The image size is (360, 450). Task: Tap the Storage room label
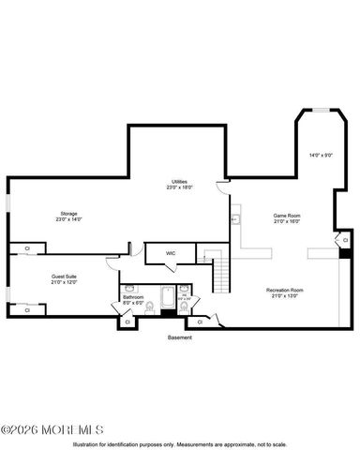(x=70, y=213)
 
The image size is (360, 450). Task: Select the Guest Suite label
(x=63, y=277)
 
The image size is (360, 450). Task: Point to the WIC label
(x=171, y=253)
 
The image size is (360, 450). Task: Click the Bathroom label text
(x=133, y=297)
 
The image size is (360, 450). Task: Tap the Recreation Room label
(x=285, y=291)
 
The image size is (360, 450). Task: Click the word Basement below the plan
(x=179, y=337)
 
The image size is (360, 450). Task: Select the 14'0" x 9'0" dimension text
(x=322, y=155)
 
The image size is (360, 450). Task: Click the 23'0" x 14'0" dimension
(x=70, y=218)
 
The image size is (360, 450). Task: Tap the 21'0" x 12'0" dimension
(x=63, y=282)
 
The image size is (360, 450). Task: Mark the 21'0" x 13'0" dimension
(x=285, y=296)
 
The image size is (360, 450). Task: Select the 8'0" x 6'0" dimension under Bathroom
(x=133, y=303)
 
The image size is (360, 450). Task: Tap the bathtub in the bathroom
(x=166, y=302)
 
